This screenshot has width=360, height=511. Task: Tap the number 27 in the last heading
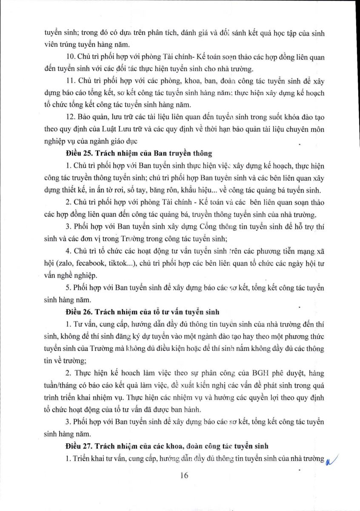[84, 446]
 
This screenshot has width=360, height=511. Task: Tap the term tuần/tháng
[60, 386]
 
